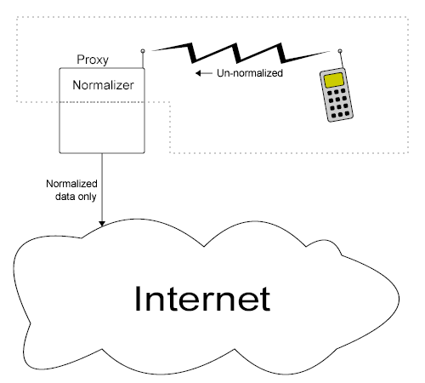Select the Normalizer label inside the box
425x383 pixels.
104,85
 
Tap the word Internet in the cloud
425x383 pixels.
201,299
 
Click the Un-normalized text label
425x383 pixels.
250,74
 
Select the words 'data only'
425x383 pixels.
75,196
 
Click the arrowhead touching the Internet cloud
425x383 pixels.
102,223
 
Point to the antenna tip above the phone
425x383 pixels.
340,49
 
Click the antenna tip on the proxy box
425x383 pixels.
143,49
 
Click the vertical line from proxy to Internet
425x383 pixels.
102,187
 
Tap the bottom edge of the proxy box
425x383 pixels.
102,152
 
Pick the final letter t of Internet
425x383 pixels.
265,299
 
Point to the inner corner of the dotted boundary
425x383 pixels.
171,103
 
